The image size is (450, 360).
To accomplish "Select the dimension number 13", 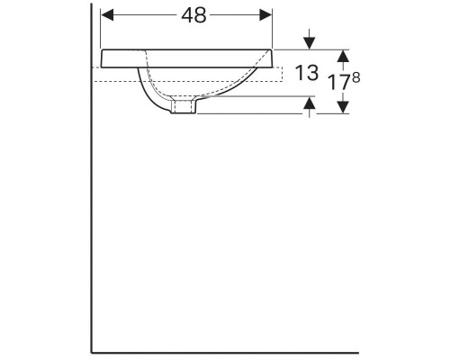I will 307,74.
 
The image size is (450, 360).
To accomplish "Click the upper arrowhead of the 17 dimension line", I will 342,53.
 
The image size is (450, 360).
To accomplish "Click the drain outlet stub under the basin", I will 184,108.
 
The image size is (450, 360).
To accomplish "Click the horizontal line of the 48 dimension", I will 135,16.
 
